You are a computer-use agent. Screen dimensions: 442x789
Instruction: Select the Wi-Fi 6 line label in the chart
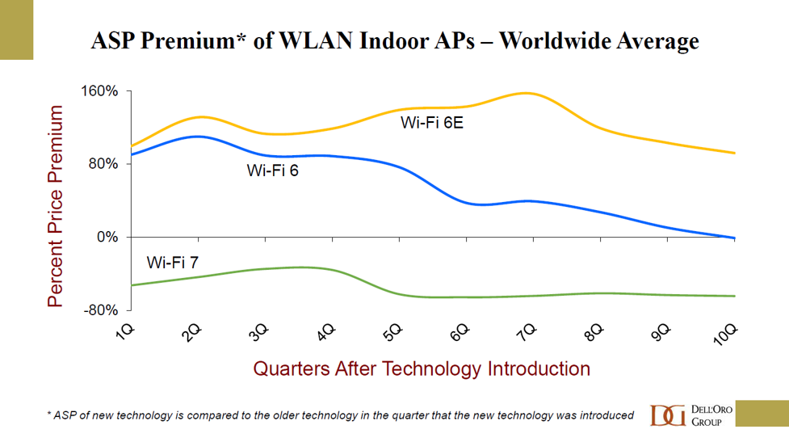273,170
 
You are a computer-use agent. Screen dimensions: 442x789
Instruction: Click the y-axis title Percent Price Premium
55,206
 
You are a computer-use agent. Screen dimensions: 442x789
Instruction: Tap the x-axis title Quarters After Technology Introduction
422,369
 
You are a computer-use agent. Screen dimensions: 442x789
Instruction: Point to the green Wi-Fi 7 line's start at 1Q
131,285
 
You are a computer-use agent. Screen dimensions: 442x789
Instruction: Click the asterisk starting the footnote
48,415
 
